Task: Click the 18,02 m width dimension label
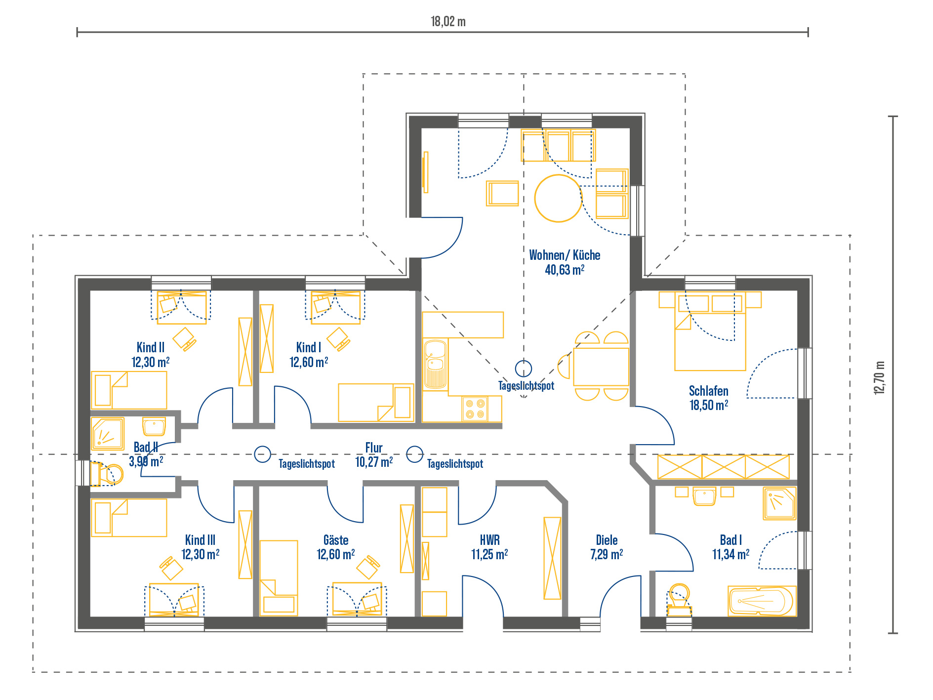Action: click(448, 21)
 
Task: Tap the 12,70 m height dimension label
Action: click(879, 378)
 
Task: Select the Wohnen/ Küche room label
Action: click(565, 255)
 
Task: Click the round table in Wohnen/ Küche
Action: click(558, 198)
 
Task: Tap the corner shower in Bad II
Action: click(108, 434)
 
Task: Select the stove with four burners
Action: click(475, 409)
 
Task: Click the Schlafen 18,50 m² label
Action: click(709, 398)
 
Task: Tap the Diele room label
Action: click(607, 540)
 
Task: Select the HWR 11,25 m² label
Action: click(489, 547)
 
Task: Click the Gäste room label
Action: click(336, 540)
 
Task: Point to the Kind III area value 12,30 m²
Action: click(201, 554)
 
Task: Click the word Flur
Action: click(374, 448)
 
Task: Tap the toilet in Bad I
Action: click(679, 599)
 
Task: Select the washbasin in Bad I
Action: click(704, 496)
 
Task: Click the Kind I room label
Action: click(309, 347)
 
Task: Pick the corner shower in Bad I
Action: click(779, 503)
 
